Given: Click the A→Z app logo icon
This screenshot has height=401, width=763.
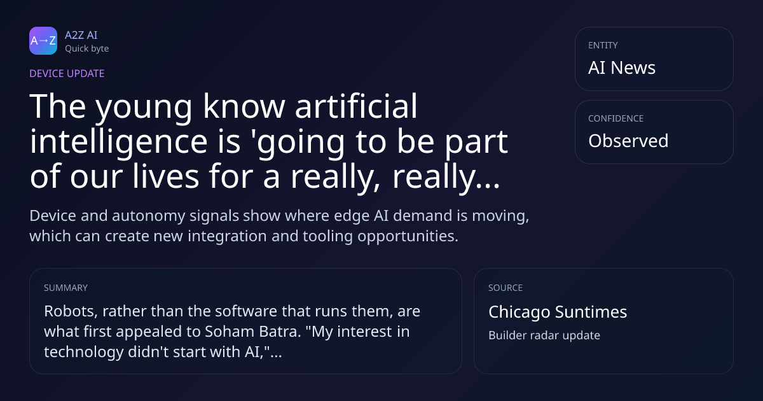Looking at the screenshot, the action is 43,41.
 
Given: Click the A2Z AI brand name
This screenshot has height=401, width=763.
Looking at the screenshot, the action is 81,35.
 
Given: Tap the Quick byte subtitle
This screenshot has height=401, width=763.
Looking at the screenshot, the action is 87,49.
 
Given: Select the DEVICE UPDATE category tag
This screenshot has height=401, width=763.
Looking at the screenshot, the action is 67,73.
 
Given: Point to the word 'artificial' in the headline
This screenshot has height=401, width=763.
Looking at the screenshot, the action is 356,106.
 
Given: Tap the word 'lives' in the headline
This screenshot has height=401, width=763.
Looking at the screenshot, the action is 165,176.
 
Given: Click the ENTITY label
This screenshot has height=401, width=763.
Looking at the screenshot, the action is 603,45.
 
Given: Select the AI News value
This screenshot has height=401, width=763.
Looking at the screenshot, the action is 622,67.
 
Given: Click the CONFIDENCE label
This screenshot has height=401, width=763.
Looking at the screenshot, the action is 616,118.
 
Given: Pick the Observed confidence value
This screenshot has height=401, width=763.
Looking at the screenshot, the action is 628,141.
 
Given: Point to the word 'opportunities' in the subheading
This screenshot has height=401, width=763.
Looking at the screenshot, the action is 407,237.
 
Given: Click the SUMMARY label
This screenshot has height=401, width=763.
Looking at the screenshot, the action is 65,288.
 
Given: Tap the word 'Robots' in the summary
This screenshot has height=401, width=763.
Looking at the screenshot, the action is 71,311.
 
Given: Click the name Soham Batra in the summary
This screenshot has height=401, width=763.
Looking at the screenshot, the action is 253,332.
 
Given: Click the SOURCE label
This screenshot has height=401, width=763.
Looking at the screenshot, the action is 505,288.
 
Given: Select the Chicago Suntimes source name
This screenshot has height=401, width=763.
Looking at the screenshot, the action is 558,313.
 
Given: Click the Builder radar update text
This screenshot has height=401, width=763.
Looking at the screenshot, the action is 544,335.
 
